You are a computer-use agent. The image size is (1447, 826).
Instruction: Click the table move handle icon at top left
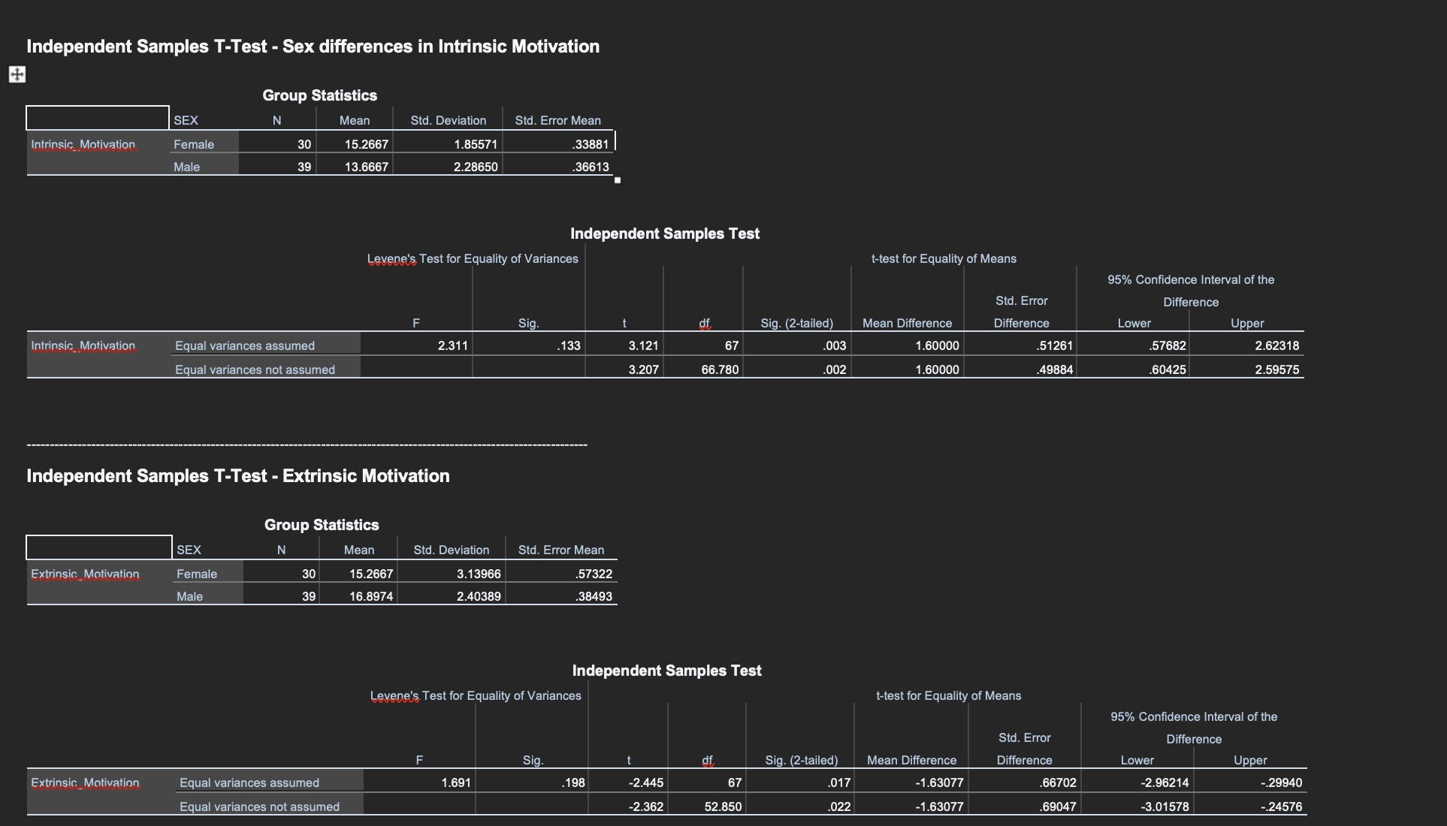(x=17, y=74)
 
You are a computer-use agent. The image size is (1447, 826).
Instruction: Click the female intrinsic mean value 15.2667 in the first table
(x=367, y=144)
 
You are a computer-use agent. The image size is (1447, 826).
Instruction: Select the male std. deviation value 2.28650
(x=476, y=167)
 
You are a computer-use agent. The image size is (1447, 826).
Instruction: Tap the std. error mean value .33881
(x=591, y=144)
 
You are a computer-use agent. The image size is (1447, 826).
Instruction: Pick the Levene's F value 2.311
(x=453, y=345)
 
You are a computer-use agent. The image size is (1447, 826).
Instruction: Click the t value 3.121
(x=643, y=345)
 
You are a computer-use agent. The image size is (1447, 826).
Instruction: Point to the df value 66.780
(x=720, y=369)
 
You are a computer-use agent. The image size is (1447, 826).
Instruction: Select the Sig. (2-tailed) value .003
(x=835, y=345)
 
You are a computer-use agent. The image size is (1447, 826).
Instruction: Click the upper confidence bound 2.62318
(x=1276, y=345)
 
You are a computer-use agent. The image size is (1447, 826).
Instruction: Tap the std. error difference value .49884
(x=1055, y=369)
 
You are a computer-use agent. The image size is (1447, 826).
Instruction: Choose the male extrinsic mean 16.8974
(x=371, y=596)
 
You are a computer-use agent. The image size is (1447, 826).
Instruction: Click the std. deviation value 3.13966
(x=479, y=574)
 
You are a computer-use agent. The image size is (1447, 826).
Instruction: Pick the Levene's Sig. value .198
(x=573, y=782)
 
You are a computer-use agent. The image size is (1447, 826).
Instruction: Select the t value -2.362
(x=646, y=806)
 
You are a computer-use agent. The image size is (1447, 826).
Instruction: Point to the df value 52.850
(x=723, y=806)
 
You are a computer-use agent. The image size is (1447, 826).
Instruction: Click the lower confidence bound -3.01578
(x=1165, y=806)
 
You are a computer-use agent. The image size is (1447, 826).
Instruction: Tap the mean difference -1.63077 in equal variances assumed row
(x=939, y=782)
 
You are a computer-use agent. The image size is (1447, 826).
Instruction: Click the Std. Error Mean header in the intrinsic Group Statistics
(x=557, y=120)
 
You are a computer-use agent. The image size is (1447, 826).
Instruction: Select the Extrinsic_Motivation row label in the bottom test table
(x=85, y=782)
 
